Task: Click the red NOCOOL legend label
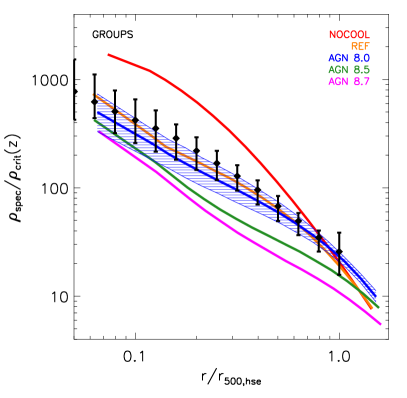[x=348, y=35]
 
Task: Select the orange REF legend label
[x=359, y=47]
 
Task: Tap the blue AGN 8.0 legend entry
[x=348, y=58]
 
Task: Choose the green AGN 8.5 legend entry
[x=348, y=70]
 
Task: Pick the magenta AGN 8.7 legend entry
[x=348, y=81]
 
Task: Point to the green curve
[x=230, y=214]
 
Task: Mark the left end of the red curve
[x=108, y=55]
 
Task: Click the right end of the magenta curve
[x=380, y=324]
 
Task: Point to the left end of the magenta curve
[x=99, y=132]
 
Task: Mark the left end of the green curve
[x=95, y=121]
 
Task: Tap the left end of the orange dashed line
[x=94, y=95]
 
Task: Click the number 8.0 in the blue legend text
[x=361, y=58]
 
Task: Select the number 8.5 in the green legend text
[x=361, y=70]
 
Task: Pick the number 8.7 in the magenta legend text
[x=361, y=81]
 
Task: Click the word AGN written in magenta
[x=337, y=81]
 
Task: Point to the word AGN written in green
[x=337, y=70]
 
